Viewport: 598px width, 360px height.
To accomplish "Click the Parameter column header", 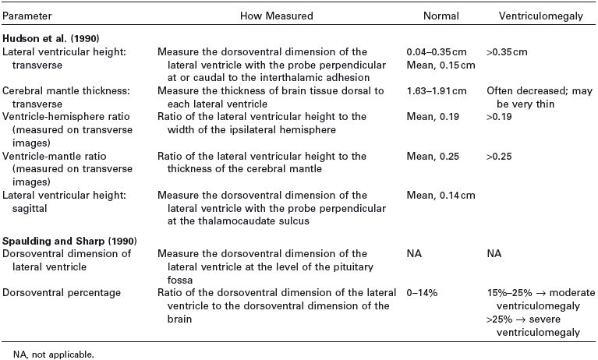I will pos(25,16).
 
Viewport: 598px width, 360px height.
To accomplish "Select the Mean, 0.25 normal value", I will pos(430,156).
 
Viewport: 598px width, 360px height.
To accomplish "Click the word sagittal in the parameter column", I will pos(23,208).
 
